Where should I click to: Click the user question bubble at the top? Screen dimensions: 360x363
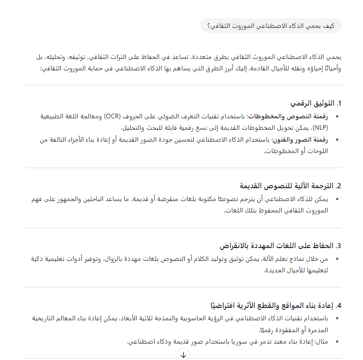(271, 26)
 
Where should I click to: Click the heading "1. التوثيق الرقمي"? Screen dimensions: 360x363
(315, 103)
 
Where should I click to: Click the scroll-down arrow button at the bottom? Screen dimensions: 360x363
(183, 355)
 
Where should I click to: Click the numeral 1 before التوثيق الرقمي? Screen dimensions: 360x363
(339, 103)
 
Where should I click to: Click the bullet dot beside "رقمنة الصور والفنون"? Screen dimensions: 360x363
(337, 140)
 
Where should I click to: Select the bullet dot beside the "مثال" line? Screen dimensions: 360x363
(337, 342)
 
